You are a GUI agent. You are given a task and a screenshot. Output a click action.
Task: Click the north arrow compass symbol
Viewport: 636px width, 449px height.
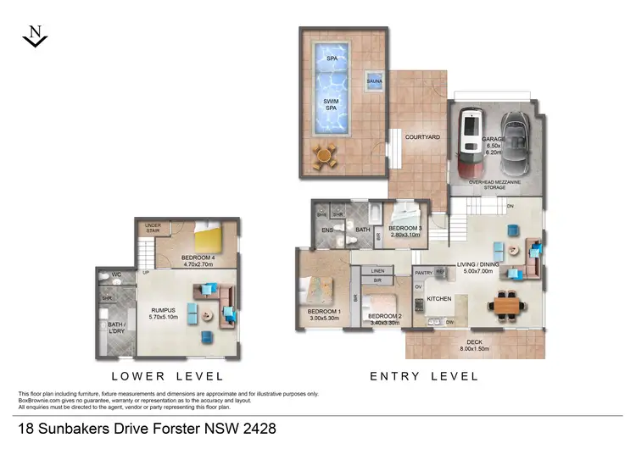pos(35,36)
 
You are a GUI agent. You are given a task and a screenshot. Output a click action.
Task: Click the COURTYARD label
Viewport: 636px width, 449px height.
pos(421,136)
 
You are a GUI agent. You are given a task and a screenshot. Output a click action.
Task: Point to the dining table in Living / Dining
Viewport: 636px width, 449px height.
pos(508,304)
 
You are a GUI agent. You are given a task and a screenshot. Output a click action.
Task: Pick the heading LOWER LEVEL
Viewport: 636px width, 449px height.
pos(167,375)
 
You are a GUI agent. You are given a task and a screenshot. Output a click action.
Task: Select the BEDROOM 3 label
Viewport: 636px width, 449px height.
pos(404,229)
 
